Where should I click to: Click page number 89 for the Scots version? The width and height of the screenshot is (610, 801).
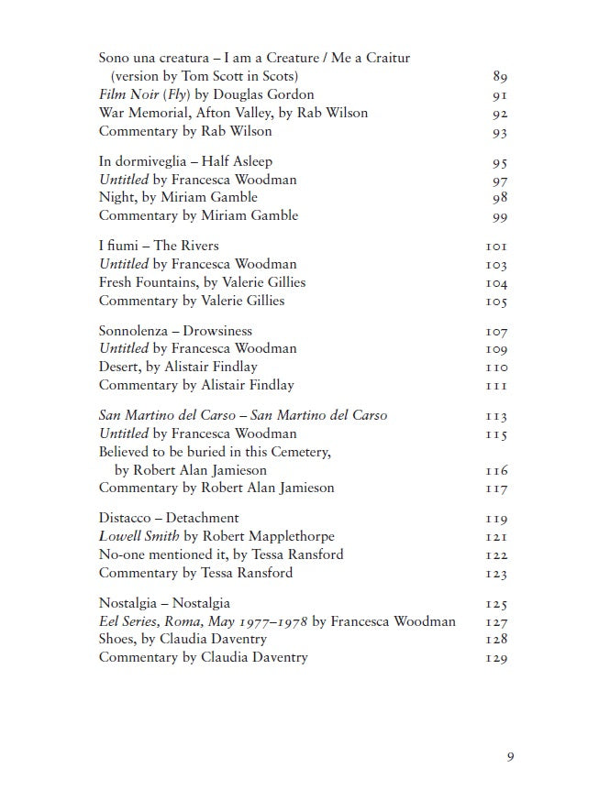tap(500, 77)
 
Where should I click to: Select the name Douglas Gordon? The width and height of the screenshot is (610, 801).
tap(268, 94)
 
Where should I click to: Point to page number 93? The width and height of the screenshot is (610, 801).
tap(500, 133)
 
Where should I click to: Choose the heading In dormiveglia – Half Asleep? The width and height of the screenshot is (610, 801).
tap(185, 160)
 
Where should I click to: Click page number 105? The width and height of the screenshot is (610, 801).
tap(497, 302)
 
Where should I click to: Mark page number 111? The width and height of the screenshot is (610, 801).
tap(497, 387)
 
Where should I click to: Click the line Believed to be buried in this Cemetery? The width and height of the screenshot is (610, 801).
tap(215, 452)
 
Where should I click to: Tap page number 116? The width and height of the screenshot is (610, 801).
tap(497, 471)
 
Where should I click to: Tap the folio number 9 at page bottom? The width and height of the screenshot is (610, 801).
tap(509, 756)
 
